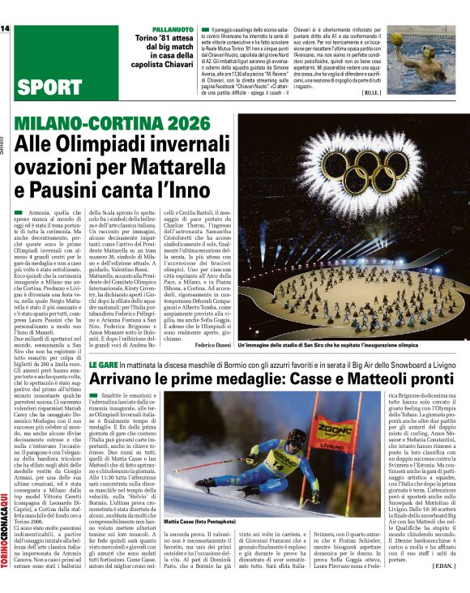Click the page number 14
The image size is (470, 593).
point(6,28)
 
